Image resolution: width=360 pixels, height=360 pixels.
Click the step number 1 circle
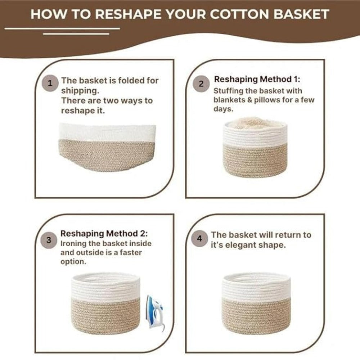point(50,84)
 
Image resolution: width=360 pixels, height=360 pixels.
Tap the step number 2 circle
point(201,84)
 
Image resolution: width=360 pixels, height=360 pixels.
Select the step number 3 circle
point(49,240)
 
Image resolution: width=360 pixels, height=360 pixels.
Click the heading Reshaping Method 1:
point(257,79)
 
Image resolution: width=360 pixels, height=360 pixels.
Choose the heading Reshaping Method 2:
point(104,234)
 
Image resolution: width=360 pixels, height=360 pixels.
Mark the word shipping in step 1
point(78,90)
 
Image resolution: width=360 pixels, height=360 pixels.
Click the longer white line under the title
point(62,28)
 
